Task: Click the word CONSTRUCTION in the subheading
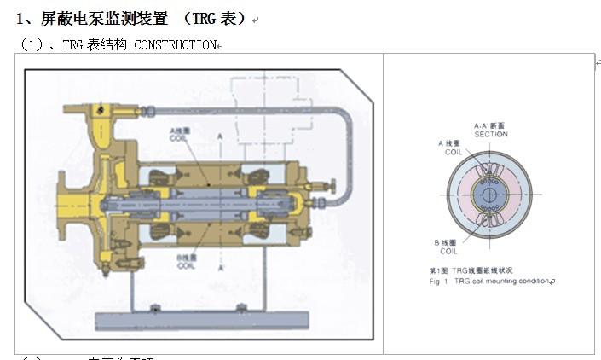tap(176, 45)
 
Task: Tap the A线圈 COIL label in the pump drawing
tap(177, 136)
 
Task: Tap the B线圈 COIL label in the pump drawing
tap(187, 259)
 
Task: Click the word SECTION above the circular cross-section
tap(491, 134)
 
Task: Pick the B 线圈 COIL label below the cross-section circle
tap(448, 247)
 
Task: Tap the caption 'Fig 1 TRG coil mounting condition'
tap(490, 280)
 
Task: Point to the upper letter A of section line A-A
tap(220, 136)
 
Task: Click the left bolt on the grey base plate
tap(156, 308)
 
